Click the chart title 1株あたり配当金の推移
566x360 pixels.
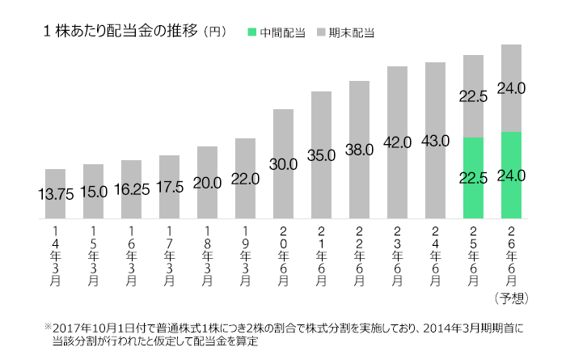[x=120, y=32]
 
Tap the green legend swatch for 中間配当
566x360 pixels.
[x=252, y=32]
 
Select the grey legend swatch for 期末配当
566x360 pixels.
[x=321, y=32]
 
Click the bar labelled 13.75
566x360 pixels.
[x=55, y=194]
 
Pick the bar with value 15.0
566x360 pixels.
[x=93, y=192]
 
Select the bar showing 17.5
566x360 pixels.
[x=169, y=187]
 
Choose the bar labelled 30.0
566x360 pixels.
[x=283, y=163]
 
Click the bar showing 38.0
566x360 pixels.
[x=359, y=150]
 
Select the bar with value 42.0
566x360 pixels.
[x=397, y=142]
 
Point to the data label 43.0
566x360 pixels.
[x=435, y=141]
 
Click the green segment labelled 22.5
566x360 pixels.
[x=473, y=178]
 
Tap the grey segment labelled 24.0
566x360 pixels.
[x=511, y=87]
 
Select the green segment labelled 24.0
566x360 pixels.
[x=511, y=175]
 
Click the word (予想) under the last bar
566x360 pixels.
[x=511, y=298]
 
